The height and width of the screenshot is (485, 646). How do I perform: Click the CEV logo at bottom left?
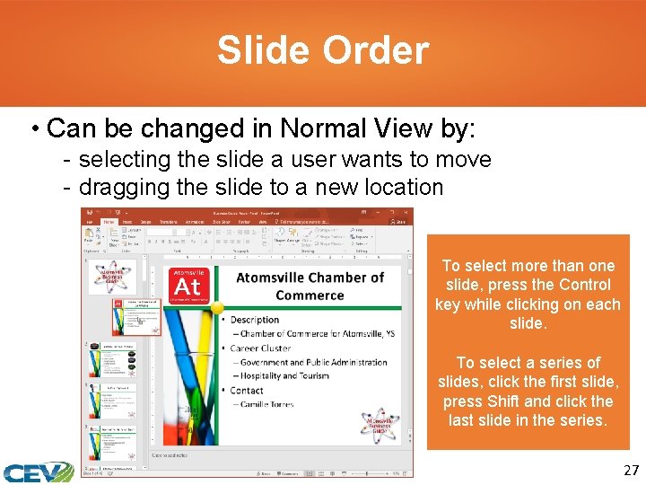tap(38, 472)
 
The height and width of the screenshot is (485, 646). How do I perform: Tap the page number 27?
tap(631, 470)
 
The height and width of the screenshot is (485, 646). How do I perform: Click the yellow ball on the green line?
tap(216, 307)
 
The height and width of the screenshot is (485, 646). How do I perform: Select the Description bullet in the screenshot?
tap(255, 320)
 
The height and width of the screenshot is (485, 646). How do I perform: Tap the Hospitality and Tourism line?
tap(286, 376)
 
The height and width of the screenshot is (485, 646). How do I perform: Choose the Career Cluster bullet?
tap(261, 348)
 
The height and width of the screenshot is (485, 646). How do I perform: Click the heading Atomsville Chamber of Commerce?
tap(310, 286)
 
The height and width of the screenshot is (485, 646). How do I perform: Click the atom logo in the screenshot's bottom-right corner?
tap(380, 429)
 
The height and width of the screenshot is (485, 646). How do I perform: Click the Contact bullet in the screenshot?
tap(247, 391)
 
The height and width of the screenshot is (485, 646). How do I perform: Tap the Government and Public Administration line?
tap(313, 362)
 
